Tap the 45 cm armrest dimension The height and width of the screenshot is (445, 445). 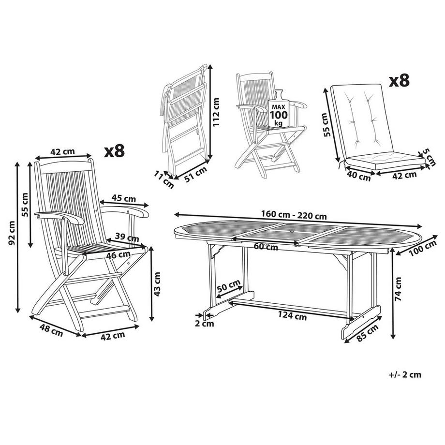[x=123, y=197]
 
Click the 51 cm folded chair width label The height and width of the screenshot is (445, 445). [x=196, y=174]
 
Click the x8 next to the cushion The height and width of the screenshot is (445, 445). [x=399, y=80]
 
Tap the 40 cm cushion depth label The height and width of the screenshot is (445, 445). [x=359, y=176]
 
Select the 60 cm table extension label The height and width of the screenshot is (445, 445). [x=266, y=247]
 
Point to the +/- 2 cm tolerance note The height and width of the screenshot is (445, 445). [x=404, y=374]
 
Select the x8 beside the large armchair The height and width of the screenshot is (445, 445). [x=114, y=151]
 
